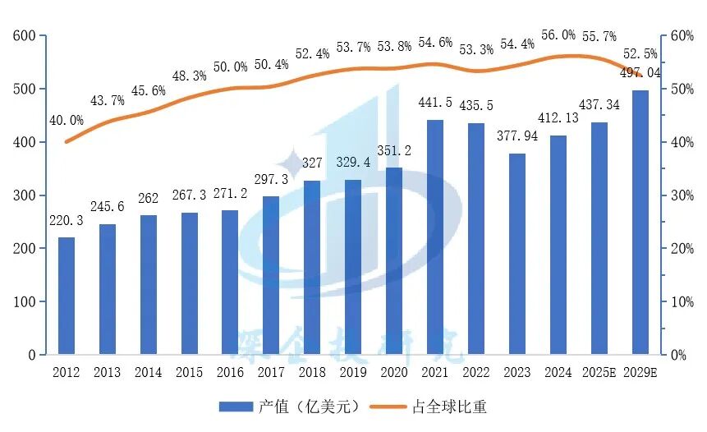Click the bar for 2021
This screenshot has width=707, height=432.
tap(435, 237)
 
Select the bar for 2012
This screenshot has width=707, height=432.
tap(66, 296)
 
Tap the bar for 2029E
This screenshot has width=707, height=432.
tap(640, 223)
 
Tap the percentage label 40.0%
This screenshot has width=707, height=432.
tap(66, 120)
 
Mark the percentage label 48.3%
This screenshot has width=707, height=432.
tap(189, 76)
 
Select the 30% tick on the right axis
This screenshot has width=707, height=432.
tap(683, 195)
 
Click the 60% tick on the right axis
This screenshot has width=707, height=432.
tap(683, 36)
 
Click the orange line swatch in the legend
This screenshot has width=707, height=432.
tap(388, 407)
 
